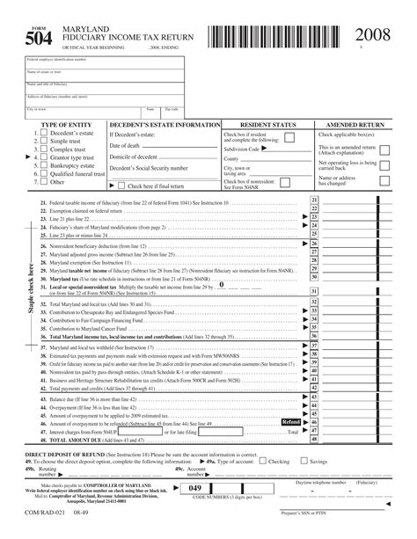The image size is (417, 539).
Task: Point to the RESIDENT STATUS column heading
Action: [266, 125]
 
